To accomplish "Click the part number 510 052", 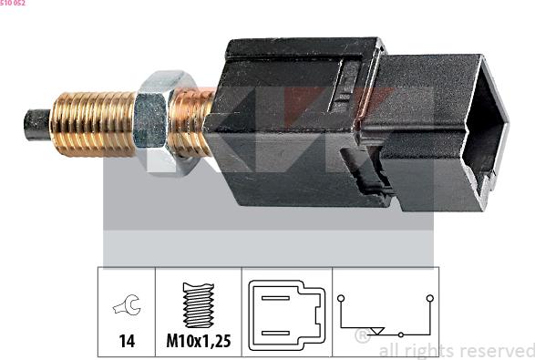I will [13, 4].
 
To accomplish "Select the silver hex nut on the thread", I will [154, 120].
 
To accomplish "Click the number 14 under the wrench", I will [127, 341].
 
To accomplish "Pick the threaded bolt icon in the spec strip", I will [198, 303].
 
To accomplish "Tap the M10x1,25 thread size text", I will [198, 341].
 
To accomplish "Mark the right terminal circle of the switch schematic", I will [428, 298].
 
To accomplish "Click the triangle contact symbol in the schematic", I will [382, 332].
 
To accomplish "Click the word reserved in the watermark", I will [497, 350].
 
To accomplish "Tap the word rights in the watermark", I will [428, 351].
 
